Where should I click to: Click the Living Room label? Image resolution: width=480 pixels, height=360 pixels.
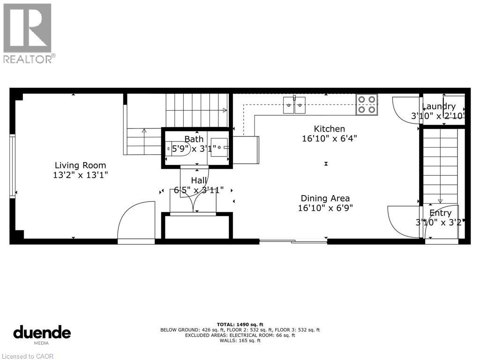80,165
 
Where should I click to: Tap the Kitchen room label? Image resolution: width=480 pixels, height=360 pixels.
329,129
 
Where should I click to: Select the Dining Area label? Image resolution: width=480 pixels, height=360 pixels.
325,198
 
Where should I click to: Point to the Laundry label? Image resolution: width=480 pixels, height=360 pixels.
439,106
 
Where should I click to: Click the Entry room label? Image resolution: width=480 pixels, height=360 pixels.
440,213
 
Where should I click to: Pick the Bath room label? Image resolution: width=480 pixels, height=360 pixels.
194,139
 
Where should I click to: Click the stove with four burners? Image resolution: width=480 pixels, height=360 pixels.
367,105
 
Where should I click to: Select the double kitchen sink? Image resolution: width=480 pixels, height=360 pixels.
294,105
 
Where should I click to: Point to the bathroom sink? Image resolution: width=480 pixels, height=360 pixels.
218,147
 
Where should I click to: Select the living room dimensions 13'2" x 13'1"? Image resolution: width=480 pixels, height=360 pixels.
80,175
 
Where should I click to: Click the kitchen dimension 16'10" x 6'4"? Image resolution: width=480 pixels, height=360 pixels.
329,138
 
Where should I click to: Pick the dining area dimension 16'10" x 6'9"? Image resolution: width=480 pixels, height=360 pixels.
325,208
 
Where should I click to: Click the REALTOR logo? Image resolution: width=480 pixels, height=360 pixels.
28,33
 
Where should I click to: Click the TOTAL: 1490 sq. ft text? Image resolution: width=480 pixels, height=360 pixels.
240,324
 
